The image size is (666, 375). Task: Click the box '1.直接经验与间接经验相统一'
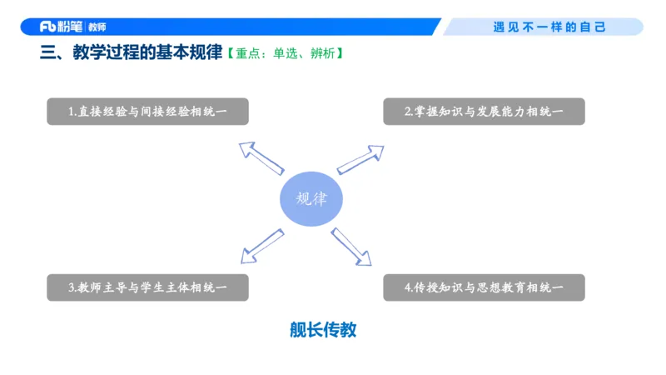147,112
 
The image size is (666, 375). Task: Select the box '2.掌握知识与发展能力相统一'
484,112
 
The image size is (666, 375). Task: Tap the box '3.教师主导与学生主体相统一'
147,287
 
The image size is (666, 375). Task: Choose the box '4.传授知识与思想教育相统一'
484,287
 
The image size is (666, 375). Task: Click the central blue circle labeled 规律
311,199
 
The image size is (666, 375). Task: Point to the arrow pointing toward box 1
260,157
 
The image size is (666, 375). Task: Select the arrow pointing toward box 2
360,158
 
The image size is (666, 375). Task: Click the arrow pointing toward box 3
261,245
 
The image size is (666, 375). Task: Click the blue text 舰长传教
323,330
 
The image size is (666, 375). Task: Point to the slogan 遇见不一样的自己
549,27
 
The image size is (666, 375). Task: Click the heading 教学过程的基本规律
146,54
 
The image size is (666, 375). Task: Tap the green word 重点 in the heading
247,54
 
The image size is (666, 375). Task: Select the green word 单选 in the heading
285,54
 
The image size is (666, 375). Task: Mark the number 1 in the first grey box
72,112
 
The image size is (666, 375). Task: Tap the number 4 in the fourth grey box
409,287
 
